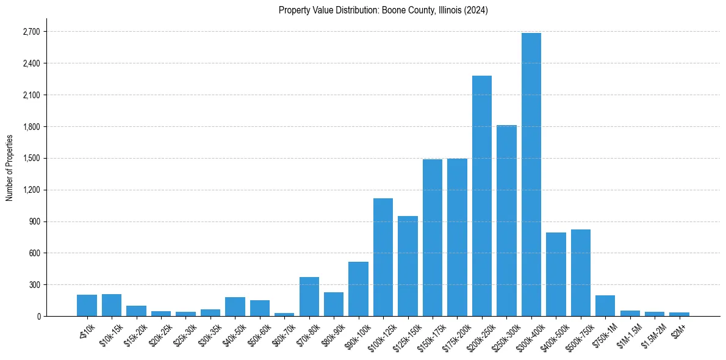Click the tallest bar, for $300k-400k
(x=531, y=175)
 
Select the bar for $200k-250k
(x=481, y=196)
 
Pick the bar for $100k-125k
(x=383, y=257)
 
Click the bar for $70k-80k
(x=309, y=297)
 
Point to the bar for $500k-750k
(x=580, y=273)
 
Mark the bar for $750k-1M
(x=605, y=306)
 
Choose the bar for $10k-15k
(x=111, y=305)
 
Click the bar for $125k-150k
(x=408, y=266)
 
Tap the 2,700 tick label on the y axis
(x=31, y=32)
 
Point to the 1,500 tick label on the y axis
(x=31, y=158)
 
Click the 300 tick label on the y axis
(x=34, y=285)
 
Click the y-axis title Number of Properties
(x=9, y=167)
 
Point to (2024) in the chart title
(x=476, y=10)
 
